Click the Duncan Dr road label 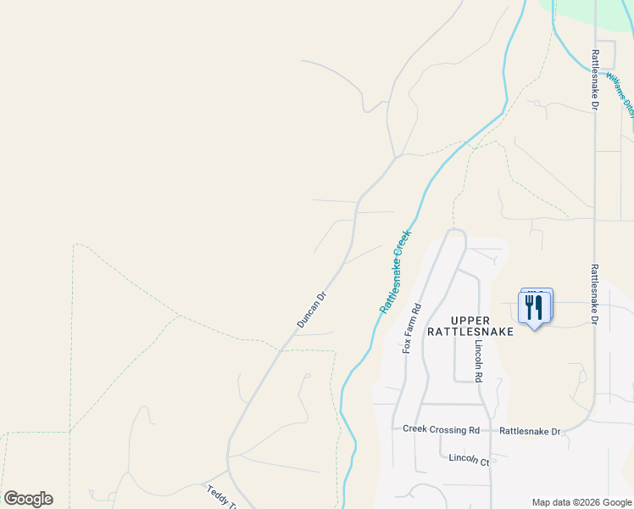(x=311, y=310)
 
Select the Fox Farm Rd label (x=411, y=327)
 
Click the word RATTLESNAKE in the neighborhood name (x=470, y=332)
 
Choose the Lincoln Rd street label (x=479, y=361)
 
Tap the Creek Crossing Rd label (x=441, y=430)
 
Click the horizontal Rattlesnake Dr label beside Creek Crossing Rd (x=530, y=432)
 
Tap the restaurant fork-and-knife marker (x=534, y=307)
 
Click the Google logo (x=28, y=499)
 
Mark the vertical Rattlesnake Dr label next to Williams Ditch (x=595, y=81)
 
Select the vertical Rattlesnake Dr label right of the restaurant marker (x=595, y=294)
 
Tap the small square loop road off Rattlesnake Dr (x=605, y=50)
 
